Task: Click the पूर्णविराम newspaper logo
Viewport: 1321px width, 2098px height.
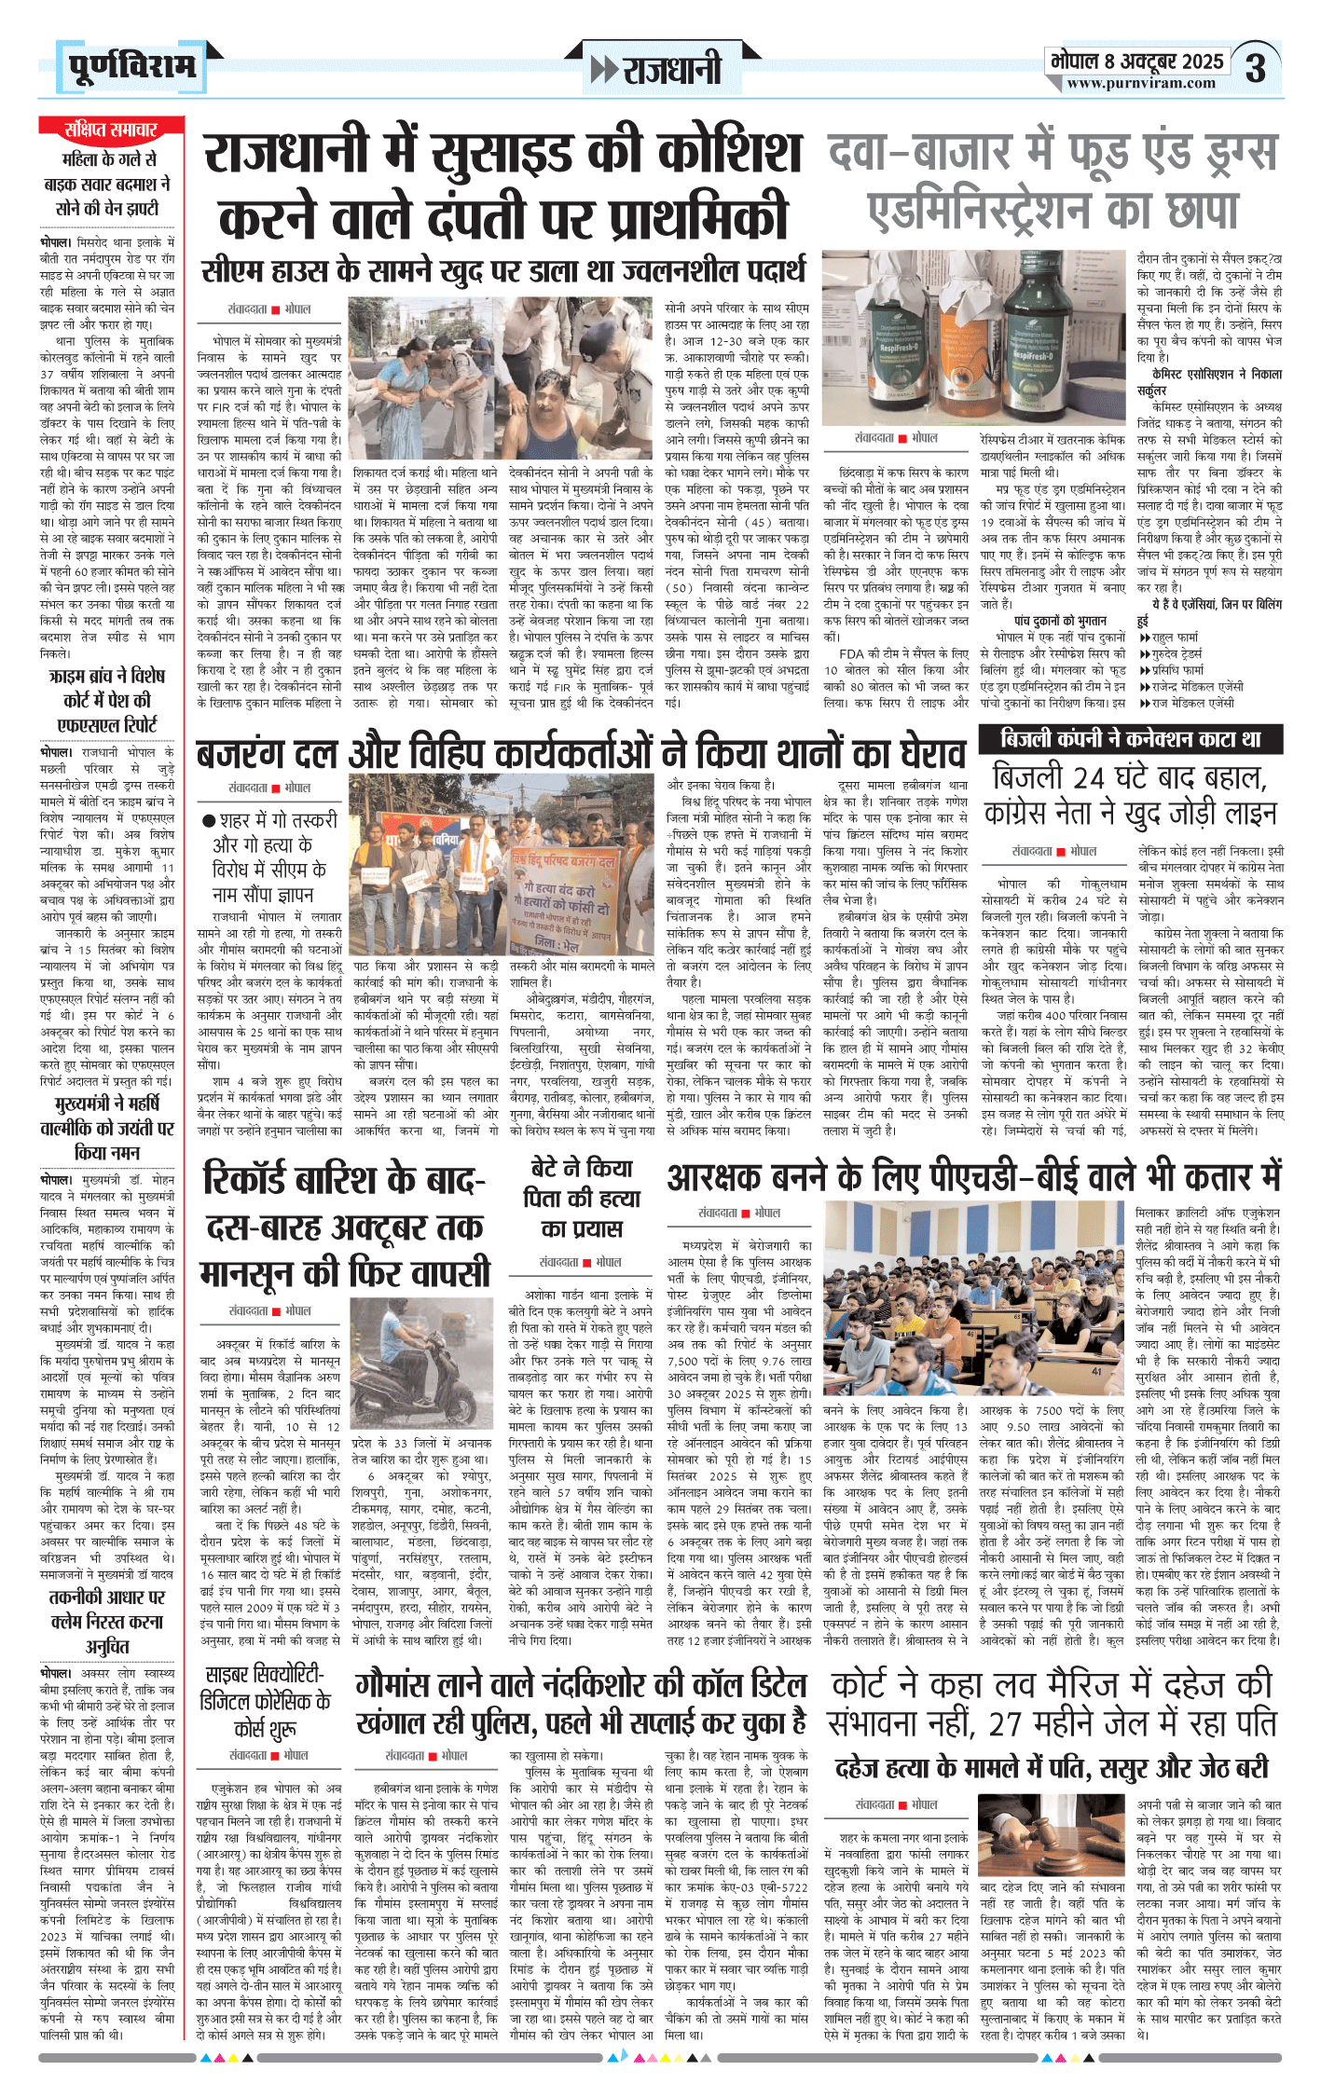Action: coord(131,66)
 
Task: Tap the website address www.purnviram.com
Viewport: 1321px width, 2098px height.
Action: coord(1141,83)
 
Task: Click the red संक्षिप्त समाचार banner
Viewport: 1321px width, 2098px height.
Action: coord(111,129)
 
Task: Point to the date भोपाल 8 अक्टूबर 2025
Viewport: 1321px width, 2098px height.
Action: coord(1136,61)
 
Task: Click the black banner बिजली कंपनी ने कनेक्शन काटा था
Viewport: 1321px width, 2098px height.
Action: coord(1130,740)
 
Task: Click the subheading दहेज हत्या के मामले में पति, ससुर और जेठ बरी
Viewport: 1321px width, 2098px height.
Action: coord(1051,1769)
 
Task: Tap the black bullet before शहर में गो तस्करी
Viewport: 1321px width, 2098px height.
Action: coord(210,821)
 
